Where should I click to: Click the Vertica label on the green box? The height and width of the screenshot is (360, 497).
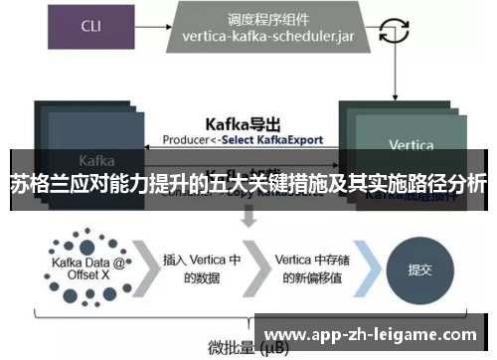tap(411, 145)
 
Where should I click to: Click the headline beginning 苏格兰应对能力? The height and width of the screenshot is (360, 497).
tap(248, 184)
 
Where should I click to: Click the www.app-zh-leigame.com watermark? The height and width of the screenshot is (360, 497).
tap(372, 333)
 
